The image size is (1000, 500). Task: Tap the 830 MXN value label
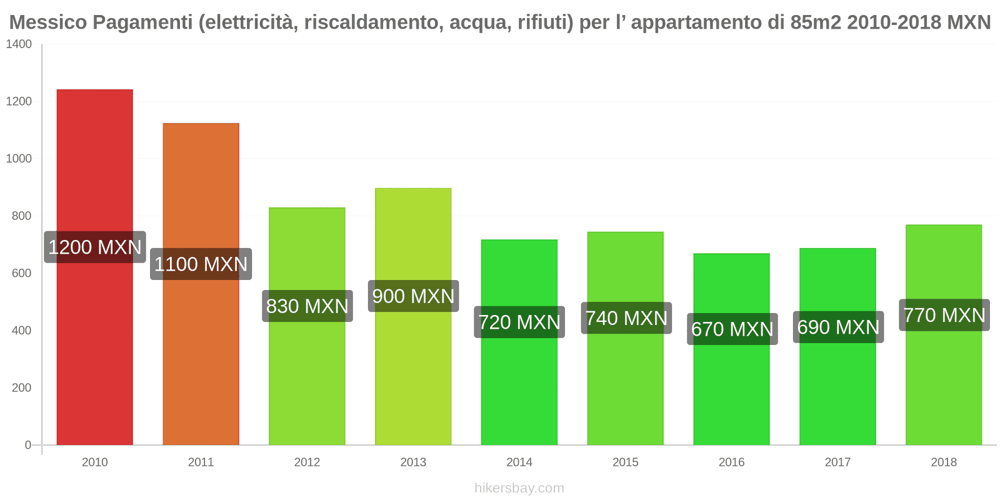(x=307, y=306)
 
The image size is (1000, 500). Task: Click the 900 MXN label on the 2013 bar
(x=413, y=296)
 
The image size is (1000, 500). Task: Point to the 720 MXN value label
(x=519, y=322)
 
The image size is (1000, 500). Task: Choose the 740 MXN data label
(x=626, y=318)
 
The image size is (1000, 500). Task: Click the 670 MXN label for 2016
(x=732, y=329)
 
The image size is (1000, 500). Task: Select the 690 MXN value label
(x=838, y=327)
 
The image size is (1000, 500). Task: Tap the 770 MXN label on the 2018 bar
(x=944, y=315)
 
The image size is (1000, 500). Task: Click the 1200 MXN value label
(x=95, y=247)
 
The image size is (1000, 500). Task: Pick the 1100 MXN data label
(x=201, y=264)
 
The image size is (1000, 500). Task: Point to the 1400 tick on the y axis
(x=19, y=44)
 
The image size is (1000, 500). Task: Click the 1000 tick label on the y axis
(x=19, y=159)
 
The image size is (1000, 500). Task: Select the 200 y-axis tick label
(x=22, y=387)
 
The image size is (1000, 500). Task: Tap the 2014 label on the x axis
(x=519, y=462)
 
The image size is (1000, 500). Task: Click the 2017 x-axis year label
(x=837, y=462)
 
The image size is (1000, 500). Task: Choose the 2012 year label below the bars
(x=307, y=462)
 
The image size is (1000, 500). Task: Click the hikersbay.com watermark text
(x=519, y=488)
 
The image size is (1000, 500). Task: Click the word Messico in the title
(x=47, y=22)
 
